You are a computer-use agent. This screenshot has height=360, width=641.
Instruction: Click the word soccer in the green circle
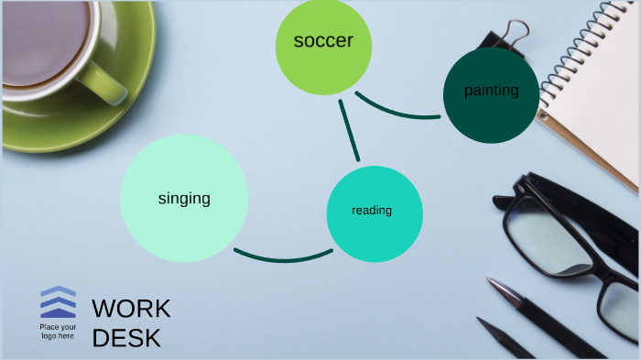coord(323,41)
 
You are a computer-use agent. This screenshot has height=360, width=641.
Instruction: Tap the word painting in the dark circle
coord(491,91)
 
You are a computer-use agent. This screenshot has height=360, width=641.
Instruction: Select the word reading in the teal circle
coord(372,211)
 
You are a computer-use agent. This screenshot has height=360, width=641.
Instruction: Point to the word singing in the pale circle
coord(184,198)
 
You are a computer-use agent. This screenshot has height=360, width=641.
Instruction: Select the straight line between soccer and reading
coord(348,129)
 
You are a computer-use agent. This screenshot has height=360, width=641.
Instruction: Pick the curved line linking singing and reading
coord(282,258)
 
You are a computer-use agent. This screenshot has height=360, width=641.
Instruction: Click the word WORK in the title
coord(131,309)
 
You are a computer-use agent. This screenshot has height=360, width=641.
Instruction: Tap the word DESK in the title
coord(126,338)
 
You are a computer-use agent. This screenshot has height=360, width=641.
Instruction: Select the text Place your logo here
coord(58,331)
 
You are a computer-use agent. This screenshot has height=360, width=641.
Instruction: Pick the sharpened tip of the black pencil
coord(483,323)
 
